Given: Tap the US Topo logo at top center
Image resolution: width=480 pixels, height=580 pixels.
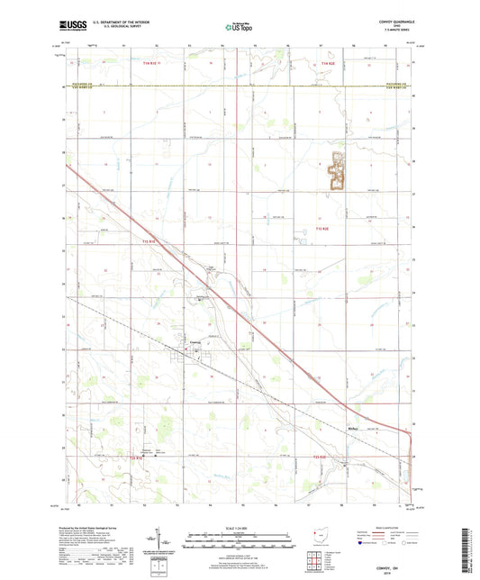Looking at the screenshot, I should [x=238, y=29].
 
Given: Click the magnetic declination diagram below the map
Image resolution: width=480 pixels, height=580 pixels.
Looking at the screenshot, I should [x=160, y=545].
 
